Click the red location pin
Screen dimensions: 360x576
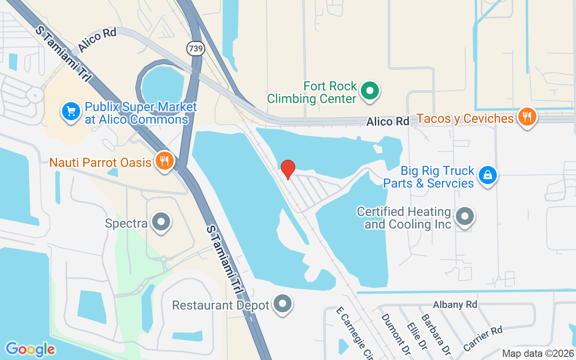coord(288,169)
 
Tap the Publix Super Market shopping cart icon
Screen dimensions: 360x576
coord(71,111)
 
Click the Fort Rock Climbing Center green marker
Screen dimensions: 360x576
coord(370,90)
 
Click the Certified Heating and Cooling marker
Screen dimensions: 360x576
coord(465,216)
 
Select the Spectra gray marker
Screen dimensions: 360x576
coord(161,221)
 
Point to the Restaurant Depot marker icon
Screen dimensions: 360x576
coord(283,304)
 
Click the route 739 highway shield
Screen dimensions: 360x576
coord(196,49)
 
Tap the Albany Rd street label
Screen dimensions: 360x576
coord(454,305)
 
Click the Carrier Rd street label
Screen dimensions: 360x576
coord(482,338)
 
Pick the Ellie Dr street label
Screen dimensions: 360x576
coord(416,336)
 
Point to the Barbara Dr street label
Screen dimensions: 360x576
coord(436,333)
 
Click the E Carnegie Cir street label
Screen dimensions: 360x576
coord(355,333)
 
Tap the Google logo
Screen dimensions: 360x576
coord(30,349)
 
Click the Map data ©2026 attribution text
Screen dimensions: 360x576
coord(538,354)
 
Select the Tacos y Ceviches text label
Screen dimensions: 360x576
coord(465,119)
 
